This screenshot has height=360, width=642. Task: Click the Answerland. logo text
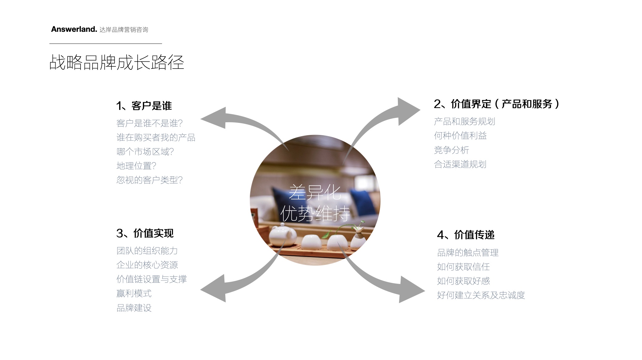coord(74,29)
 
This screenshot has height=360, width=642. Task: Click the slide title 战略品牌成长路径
coord(117,62)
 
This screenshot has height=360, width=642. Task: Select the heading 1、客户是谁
coord(144,106)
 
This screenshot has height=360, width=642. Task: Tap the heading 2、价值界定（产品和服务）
coord(496,104)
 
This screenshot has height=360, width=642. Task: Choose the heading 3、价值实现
coord(145,233)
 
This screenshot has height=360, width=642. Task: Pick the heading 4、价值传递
coord(466,235)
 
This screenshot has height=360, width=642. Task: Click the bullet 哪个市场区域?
coord(145,152)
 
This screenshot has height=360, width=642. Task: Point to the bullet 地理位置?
coord(136,166)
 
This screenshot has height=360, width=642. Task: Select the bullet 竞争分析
coord(451,150)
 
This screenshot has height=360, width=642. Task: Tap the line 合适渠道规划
coord(460,164)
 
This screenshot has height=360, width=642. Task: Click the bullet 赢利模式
coord(134,293)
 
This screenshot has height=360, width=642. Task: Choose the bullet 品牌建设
coord(134,308)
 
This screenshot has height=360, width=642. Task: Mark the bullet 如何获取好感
coord(463,281)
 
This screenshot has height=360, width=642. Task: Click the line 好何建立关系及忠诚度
coord(481,295)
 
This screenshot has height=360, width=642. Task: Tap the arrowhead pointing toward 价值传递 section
coord(412,290)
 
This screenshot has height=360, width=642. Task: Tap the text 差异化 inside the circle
coord(315,192)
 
